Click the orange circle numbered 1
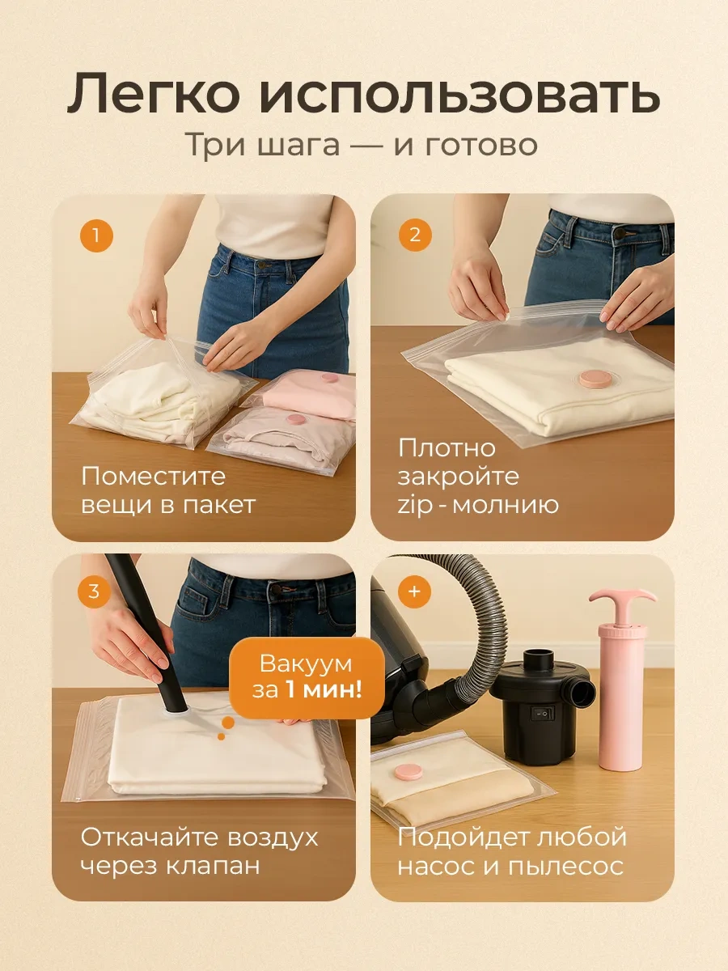coord(96,235)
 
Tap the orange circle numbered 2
coord(415,235)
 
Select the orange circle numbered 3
coord(94,592)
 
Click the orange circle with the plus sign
coord(414,592)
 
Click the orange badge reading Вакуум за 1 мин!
coord(307,678)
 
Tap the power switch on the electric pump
coord(541,713)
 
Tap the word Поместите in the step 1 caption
coord(154,477)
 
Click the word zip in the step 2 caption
coord(415,506)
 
